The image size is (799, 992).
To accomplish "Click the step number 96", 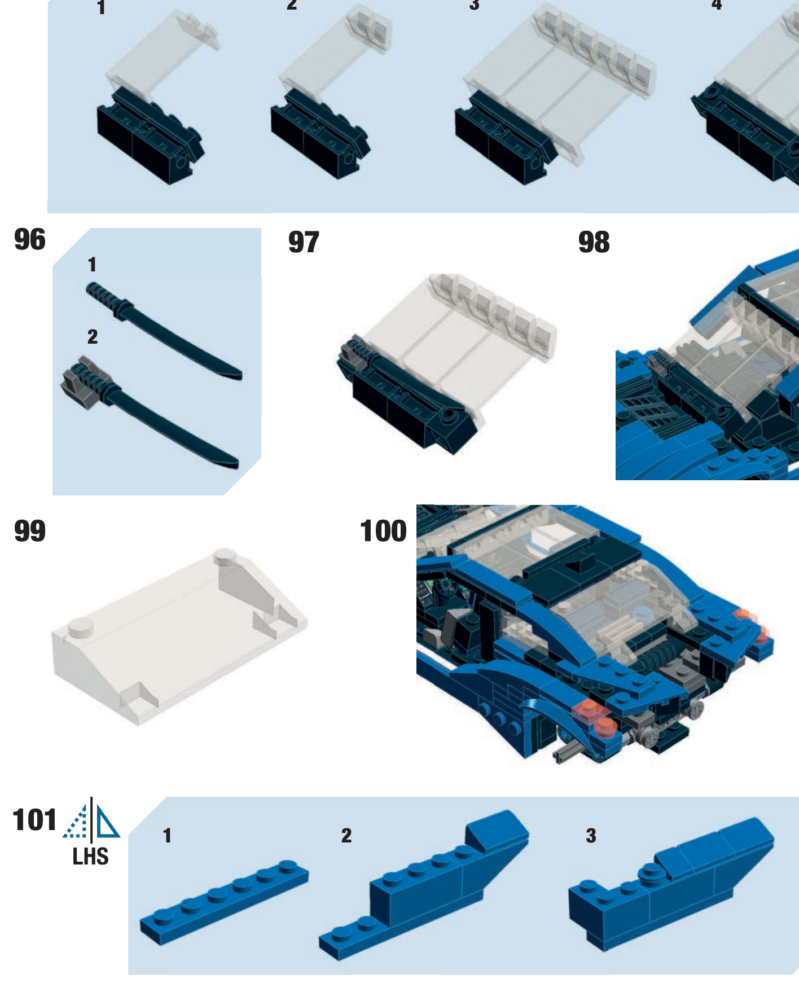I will pos(29,240).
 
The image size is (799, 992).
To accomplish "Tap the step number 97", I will pos(304,243).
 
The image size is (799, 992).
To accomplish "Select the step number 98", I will pos(594,243).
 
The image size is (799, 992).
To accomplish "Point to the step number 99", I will pos(29,532).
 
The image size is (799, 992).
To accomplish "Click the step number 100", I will pos(383,532).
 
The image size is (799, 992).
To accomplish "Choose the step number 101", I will pos(34,820).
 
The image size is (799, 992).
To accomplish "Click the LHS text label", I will pos(90,857).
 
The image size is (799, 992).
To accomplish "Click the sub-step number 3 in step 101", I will pos(591,836).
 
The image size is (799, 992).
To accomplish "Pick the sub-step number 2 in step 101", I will pos(346,836).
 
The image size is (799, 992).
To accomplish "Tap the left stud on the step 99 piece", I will pos(81,627).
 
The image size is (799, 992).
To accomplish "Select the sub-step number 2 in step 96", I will pos(93,337).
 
